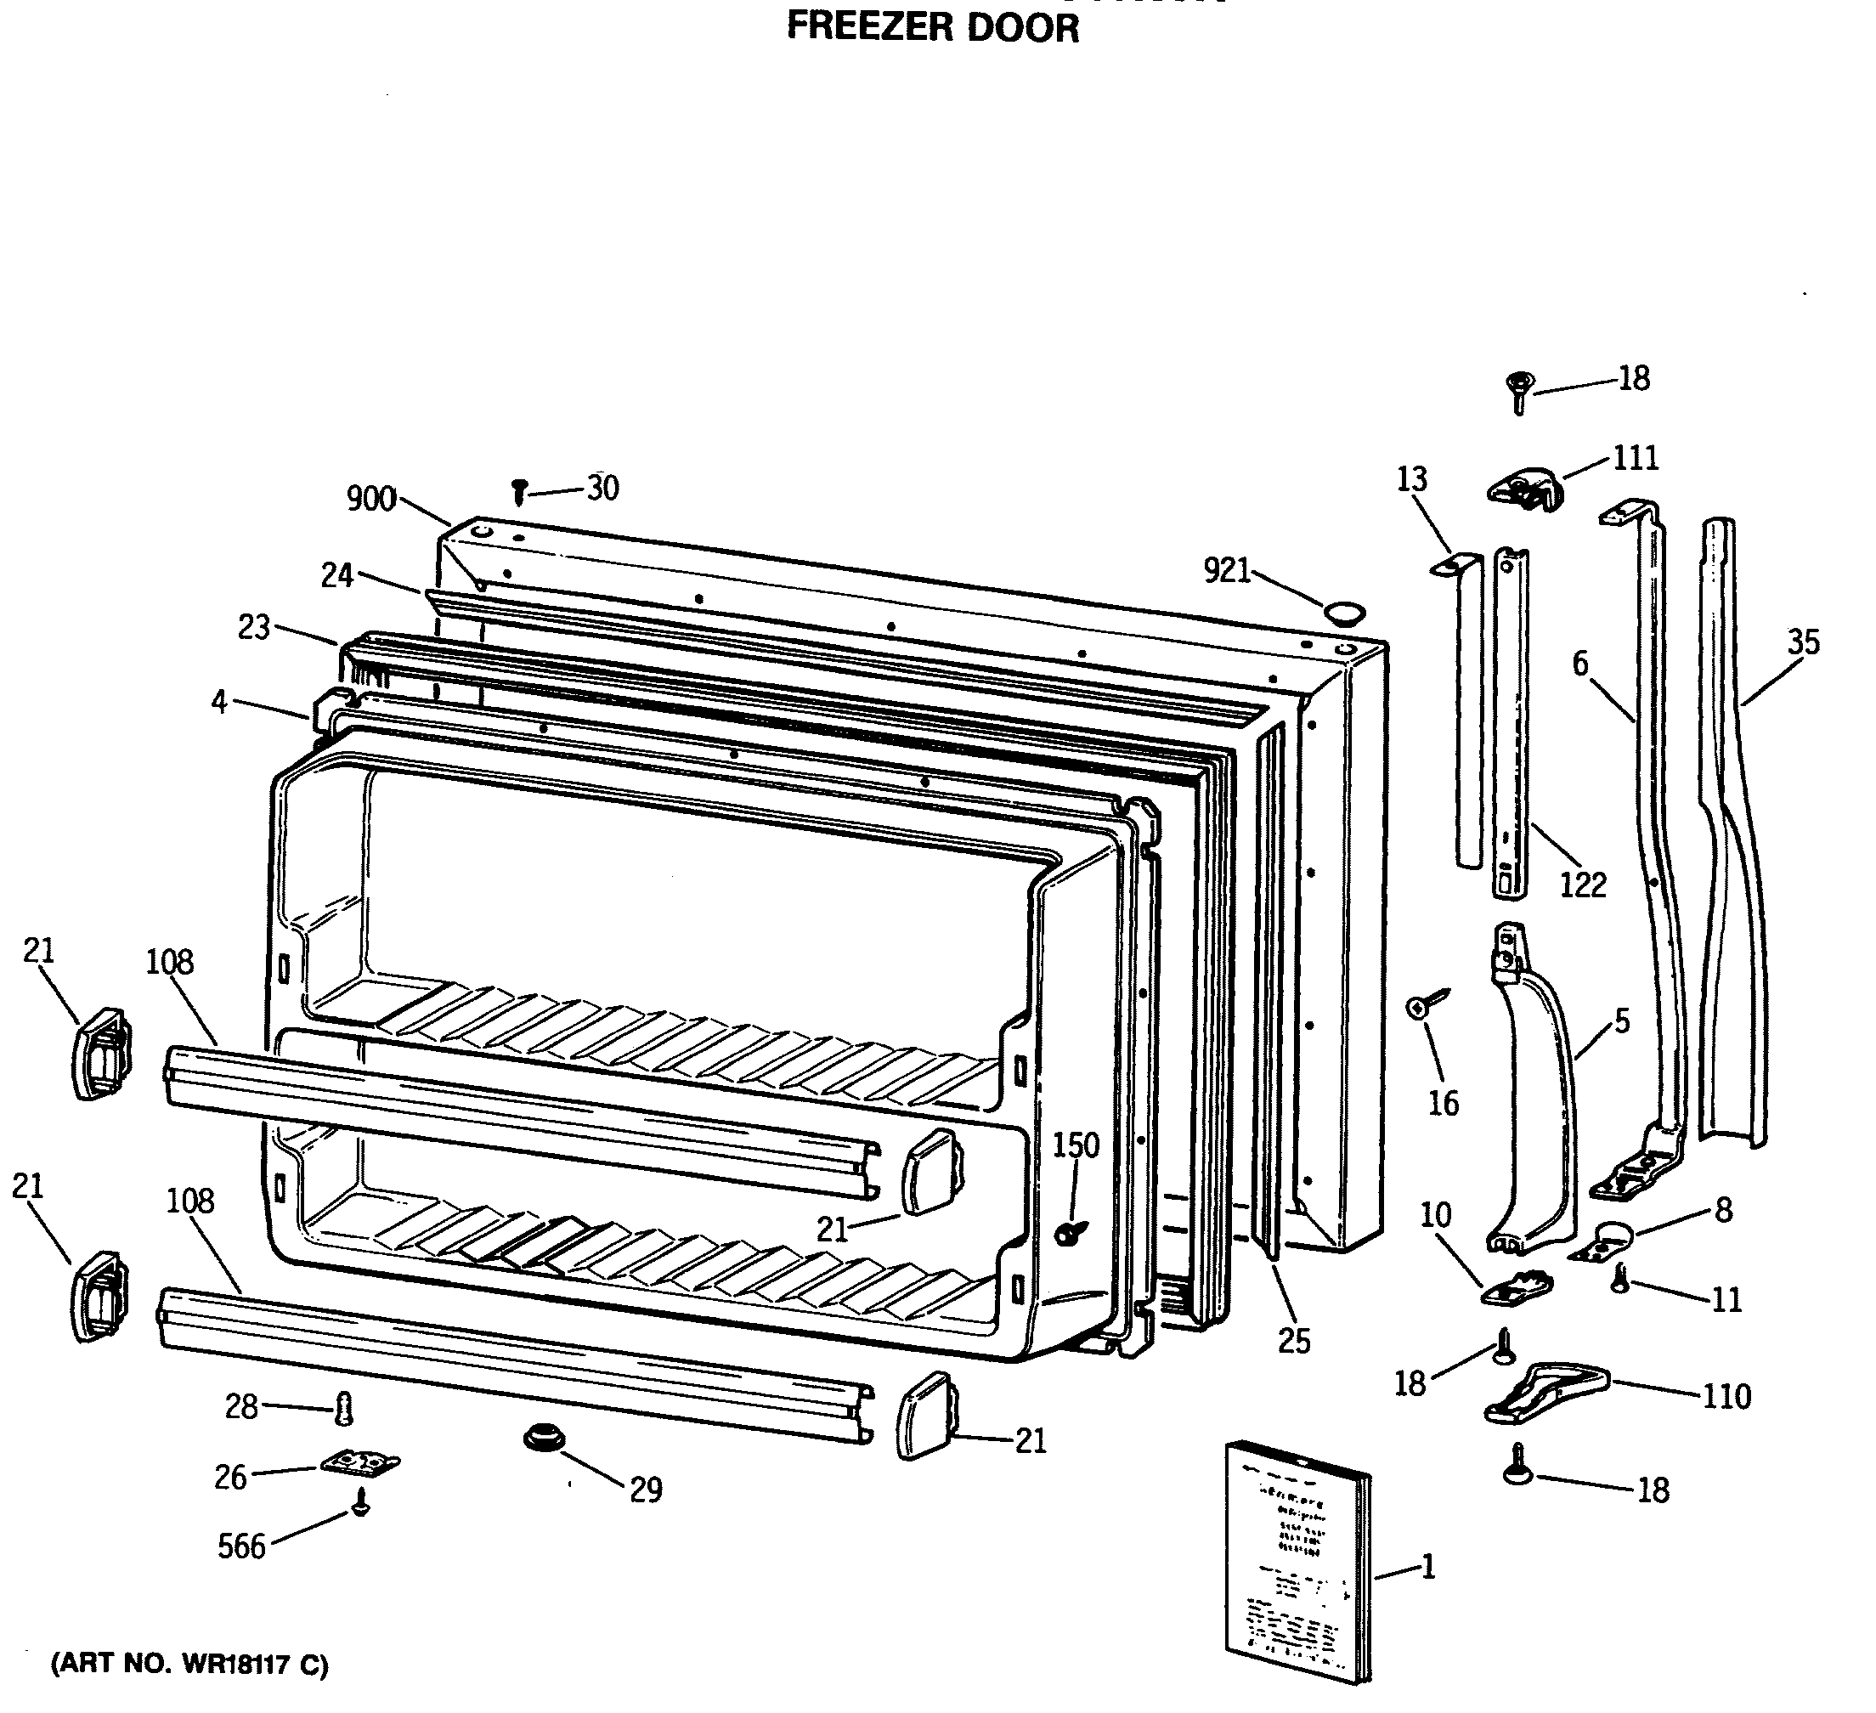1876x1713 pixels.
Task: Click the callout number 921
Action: (1228, 570)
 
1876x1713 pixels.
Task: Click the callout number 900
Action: (371, 500)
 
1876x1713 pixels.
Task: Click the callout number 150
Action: (1076, 1145)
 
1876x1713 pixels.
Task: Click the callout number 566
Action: (241, 1546)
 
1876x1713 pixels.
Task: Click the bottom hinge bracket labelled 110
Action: (1545, 1392)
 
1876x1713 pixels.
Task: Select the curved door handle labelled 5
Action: (1535, 1107)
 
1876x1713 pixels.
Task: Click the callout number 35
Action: (1802, 642)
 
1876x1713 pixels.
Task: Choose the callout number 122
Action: (1583, 885)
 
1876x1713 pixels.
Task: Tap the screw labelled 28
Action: (344, 1409)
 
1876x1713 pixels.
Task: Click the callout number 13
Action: (1411, 479)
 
